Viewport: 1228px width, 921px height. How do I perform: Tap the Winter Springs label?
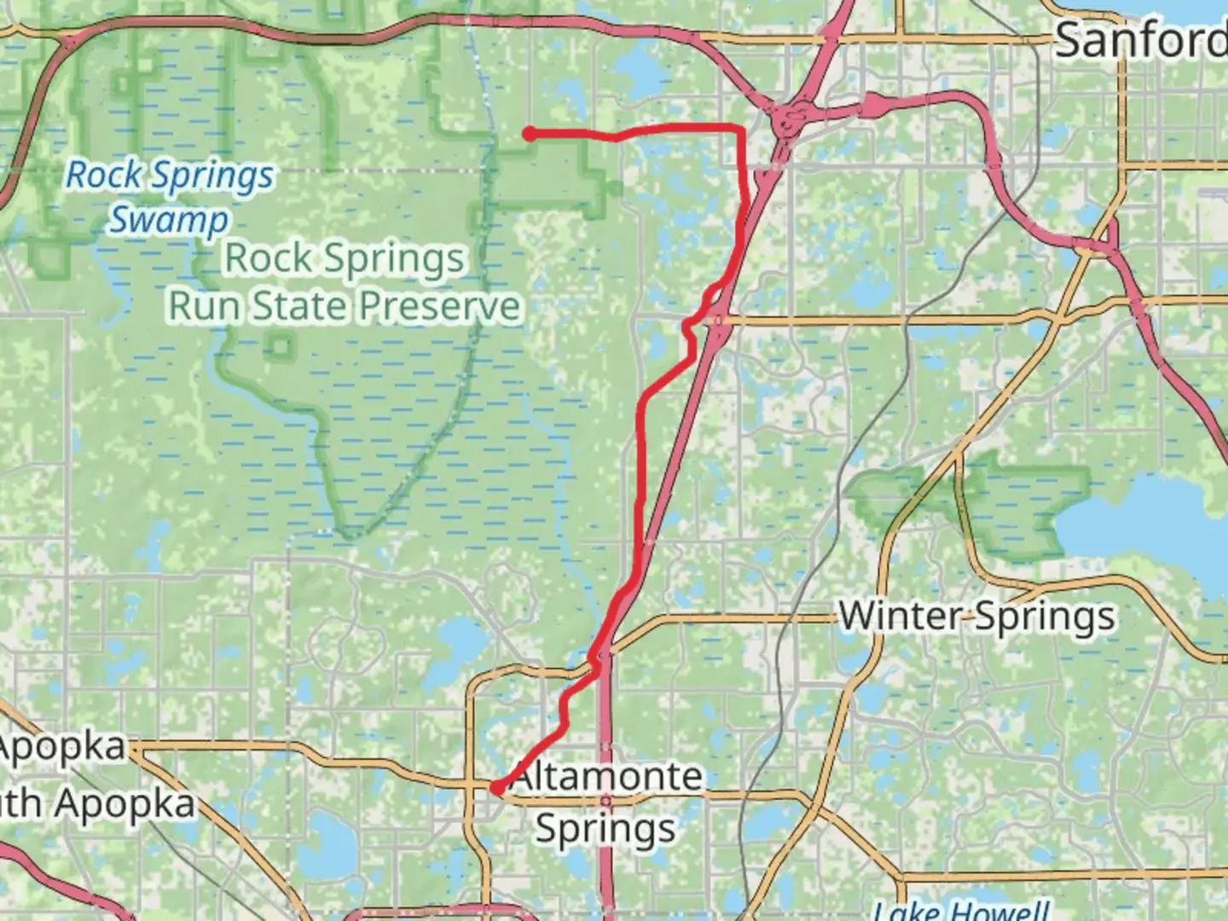977,616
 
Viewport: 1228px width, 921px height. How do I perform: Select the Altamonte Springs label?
607,802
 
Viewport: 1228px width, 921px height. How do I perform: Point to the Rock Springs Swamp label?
170,197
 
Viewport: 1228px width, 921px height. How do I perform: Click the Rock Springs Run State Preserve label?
345,282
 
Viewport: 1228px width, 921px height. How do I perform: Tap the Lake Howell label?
962,911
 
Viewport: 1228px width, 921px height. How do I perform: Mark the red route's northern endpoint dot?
530,133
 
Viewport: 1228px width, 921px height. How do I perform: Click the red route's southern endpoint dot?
496,789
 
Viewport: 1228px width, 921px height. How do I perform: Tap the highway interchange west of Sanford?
794,120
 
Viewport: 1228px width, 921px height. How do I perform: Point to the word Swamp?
168,219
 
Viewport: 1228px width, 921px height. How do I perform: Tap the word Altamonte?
607,777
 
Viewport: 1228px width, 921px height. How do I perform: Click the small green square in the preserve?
281,345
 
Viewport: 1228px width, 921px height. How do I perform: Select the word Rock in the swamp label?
104,176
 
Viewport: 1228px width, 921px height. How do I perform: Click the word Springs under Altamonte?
606,828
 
